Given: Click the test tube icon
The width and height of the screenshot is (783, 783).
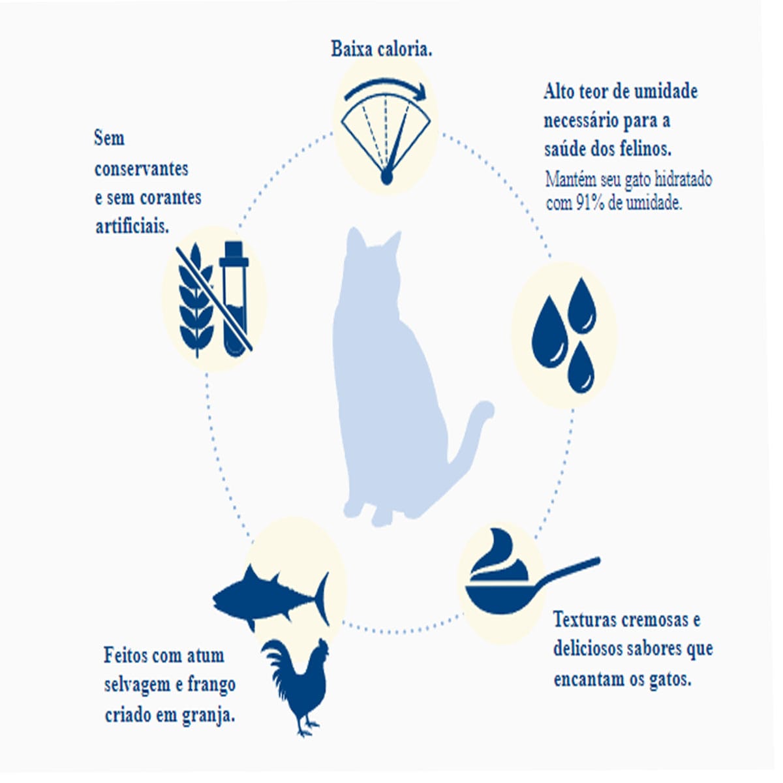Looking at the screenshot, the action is pos(234,299).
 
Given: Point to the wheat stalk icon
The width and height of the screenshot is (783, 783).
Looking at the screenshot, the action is pos(196,301).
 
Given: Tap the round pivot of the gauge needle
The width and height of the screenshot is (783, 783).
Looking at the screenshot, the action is pos(386,177).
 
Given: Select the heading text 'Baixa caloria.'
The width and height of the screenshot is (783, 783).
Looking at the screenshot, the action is pos(382,49).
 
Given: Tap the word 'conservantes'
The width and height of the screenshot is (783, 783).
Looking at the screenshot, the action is pos(142,168).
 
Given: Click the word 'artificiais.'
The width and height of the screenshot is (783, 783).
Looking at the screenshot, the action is pos(132,226).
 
